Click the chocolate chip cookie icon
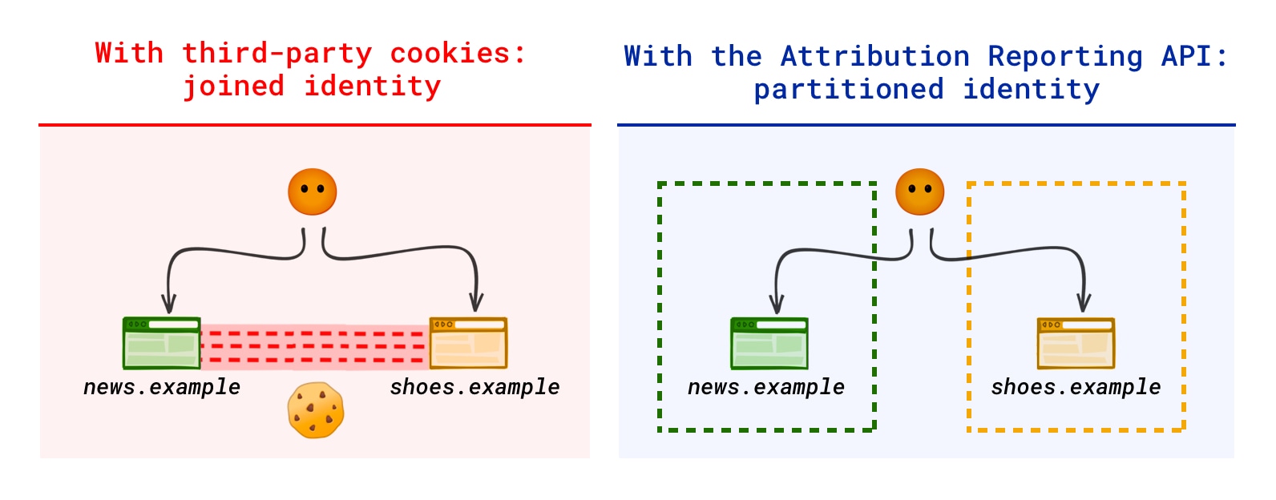(316, 410)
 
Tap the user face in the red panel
(313, 192)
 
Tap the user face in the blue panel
(920, 192)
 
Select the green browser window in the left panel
(162, 343)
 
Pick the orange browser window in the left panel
(469, 343)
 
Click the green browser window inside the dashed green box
(769, 343)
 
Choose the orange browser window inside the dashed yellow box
(1076, 343)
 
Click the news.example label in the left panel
(162, 387)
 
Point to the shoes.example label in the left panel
(474, 387)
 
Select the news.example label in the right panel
(766, 387)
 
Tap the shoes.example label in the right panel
(1076, 387)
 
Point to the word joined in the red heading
(233, 87)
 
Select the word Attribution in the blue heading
(875, 57)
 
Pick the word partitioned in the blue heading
(849, 90)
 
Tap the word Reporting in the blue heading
(1065, 57)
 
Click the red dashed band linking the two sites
(315, 347)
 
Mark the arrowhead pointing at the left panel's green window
(168, 304)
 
